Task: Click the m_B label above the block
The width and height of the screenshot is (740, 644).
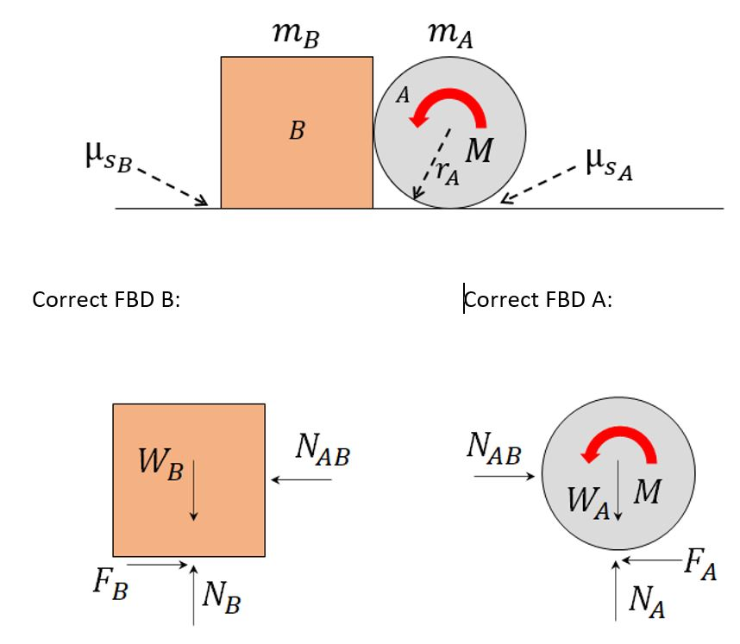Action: pos(297,35)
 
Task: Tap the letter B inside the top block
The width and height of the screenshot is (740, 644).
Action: pos(297,131)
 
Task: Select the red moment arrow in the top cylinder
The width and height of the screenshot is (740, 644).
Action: pos(449,113)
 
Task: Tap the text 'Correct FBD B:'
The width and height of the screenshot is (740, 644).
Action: pos(106,300)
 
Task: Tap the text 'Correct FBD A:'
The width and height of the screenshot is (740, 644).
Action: pos(538,300)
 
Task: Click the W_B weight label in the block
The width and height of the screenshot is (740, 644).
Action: pos(160,465)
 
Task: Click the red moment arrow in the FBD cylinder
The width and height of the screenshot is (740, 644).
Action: pos(620,446)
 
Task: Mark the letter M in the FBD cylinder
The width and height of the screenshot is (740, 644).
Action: pos(647,492)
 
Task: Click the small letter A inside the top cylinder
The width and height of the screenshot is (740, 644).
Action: pos(402,96)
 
